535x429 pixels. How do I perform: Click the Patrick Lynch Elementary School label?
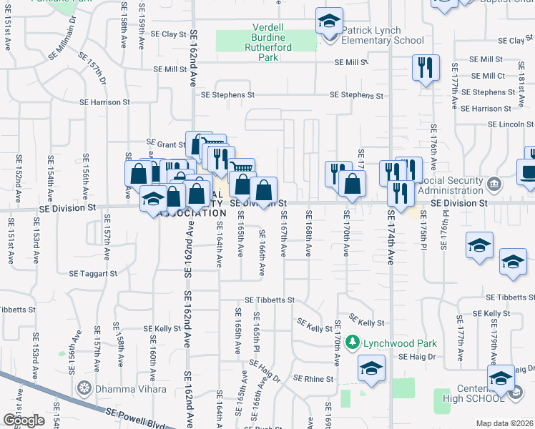coord(382,36)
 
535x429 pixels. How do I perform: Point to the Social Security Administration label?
coord(451,186)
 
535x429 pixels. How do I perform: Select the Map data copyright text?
coord(504,423)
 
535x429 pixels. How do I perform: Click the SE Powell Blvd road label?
coord(135,418)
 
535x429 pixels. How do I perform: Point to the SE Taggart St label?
coord(93,273)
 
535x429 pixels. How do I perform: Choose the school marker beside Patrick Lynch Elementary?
coord(329,21)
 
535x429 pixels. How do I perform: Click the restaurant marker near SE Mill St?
coord(426,69)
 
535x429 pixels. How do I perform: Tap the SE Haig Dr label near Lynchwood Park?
coord(417,356)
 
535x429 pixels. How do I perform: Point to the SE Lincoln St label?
coord(511,124)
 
